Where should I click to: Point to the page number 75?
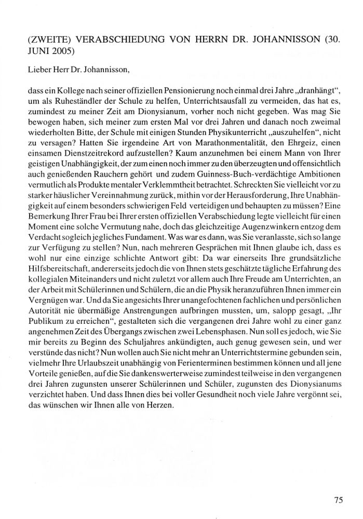[x=338, y=500]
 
